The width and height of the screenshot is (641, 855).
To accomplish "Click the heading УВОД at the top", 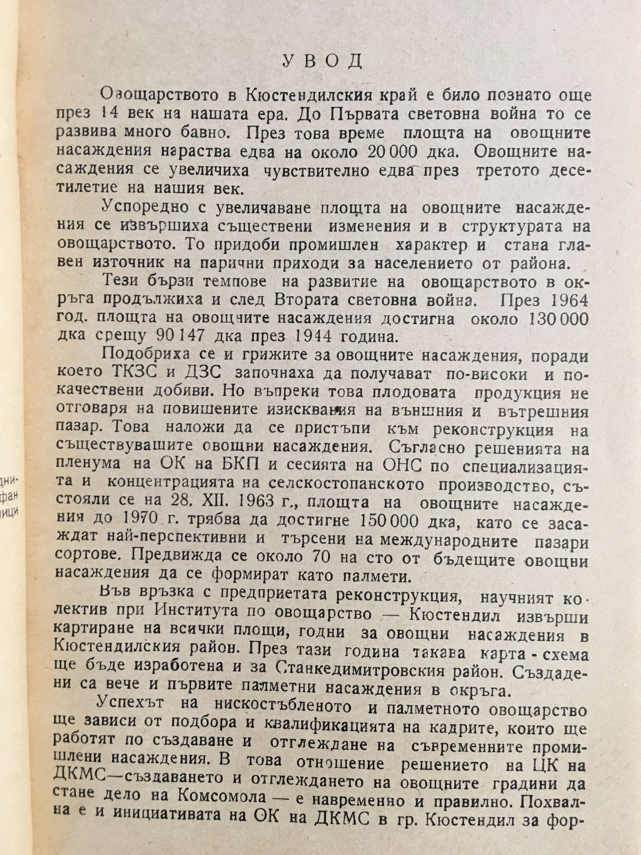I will [322, 62].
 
